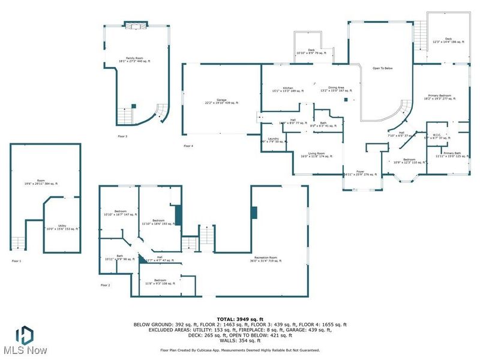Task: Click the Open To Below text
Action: tap(382, 68)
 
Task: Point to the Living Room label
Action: tap(316, 155)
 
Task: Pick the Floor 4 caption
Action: tap(188, 146)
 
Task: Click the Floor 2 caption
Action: tap(105, 285)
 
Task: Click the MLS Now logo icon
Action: tap(24, 334)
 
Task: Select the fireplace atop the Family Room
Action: tap(132, 25)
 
